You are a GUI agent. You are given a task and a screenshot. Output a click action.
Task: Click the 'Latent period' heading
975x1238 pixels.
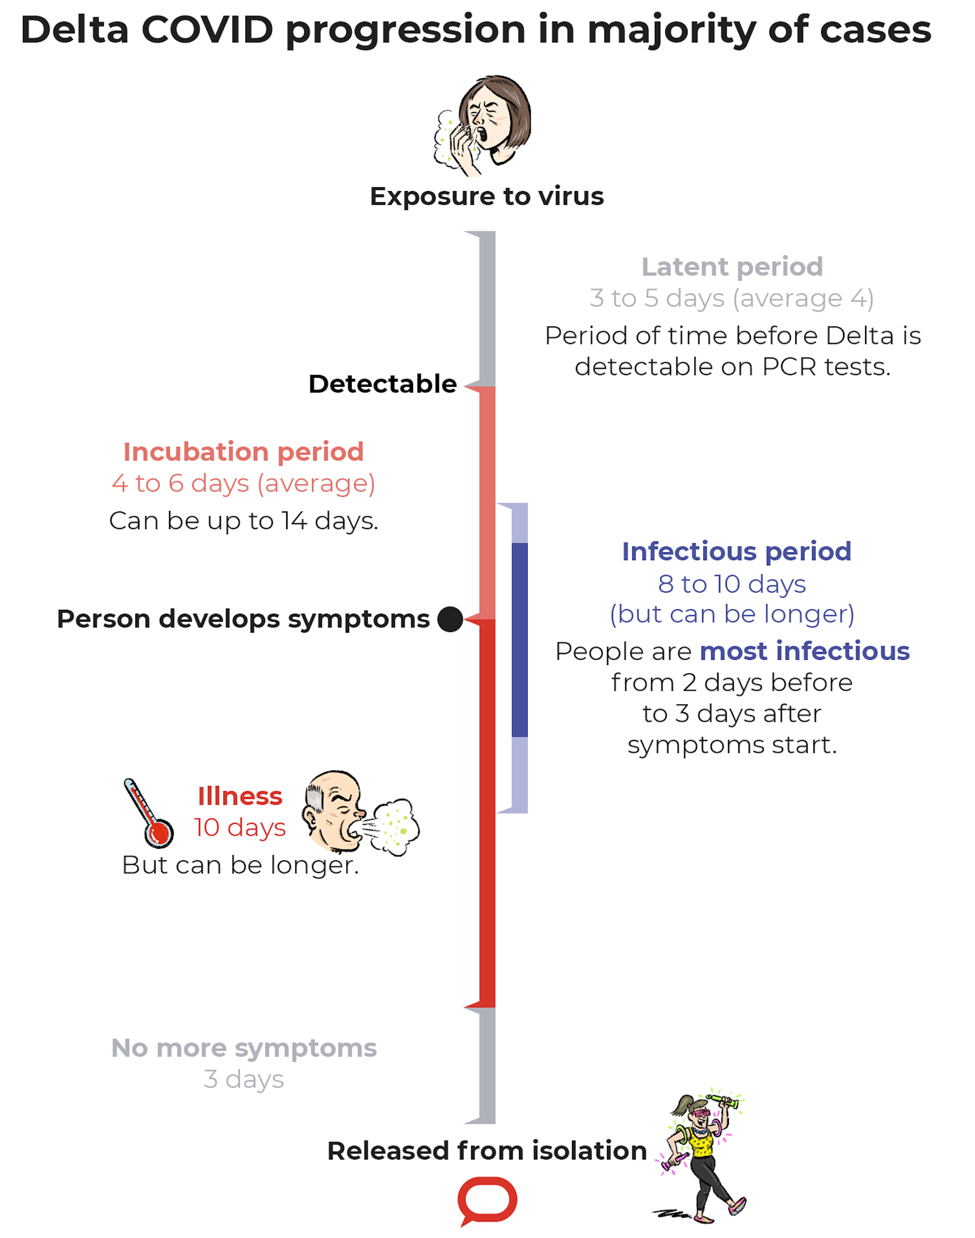pyautogui.click(x=732, y=266)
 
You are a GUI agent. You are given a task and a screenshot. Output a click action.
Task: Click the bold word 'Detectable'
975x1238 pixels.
pyautogui.click(x=382, y=384)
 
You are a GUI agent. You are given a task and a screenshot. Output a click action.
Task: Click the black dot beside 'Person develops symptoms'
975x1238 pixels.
pyautogui.click(x=450, y=619)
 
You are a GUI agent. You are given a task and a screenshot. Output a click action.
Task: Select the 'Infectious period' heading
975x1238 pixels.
pyautogui.click(x=736, y=552)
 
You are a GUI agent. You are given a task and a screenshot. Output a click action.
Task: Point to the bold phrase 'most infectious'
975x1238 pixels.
pyautogui.click(x=804, y=651)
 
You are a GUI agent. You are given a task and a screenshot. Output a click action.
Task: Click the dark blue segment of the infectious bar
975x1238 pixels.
pyautogui.click(x=519, y=639)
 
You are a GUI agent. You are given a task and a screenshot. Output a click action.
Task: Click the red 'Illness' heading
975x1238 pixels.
pyautogui.click(x=240, y=796)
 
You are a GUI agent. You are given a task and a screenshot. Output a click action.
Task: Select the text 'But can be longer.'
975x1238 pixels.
pyautogui.click(x=241, y=865)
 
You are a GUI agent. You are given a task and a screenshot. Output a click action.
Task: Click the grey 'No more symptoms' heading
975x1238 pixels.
pyautogui.click(x=244, y=1048)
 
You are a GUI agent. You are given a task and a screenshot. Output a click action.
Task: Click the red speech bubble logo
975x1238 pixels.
pyautogui.click(x=487, y=1199)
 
